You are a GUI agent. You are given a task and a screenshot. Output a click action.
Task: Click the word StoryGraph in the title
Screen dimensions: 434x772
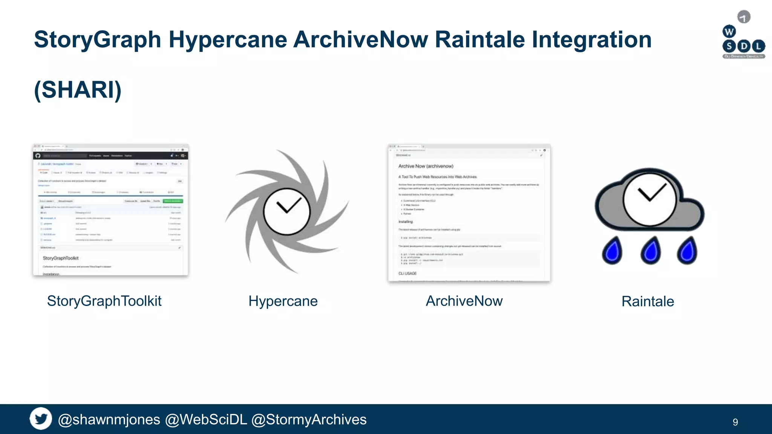point(98,40)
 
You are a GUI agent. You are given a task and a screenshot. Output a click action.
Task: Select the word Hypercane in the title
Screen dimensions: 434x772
point(228,40)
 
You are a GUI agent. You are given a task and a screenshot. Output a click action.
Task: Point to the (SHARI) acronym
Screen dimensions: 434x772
point(78,90)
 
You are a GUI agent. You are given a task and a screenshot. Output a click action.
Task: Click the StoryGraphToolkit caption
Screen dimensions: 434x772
point(104,301)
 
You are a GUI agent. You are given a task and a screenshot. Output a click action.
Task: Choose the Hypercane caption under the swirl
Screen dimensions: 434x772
point(283,301)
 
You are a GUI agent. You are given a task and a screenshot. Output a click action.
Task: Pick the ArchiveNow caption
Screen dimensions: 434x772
point(464,301)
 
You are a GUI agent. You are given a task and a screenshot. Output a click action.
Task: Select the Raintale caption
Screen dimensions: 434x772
point(648,301)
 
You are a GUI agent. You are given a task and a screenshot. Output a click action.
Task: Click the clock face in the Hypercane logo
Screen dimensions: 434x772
point(287,211)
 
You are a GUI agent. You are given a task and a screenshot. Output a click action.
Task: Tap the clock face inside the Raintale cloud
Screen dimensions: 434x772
point(649,199)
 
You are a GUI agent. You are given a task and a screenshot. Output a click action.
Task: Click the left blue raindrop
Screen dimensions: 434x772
point(612,251)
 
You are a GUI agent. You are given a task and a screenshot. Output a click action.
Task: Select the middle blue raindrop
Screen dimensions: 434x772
point(650,251)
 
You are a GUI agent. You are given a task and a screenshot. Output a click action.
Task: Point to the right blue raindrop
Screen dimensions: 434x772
point(687,251)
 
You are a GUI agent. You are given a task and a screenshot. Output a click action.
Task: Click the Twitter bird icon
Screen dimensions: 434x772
point(41,419)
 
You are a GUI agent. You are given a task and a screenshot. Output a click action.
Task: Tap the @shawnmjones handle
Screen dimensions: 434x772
point(109,420)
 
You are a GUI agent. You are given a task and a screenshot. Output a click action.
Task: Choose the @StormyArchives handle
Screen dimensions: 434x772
point(309,420)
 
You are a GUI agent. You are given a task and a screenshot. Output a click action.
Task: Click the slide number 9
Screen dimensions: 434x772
point(735,422)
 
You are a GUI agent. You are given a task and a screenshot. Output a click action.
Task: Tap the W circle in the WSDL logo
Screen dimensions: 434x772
point(729,32)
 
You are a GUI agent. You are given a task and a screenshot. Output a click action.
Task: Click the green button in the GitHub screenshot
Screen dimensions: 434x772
point(173,201)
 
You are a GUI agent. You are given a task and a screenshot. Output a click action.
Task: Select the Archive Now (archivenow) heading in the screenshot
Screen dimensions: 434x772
point(426,166)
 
